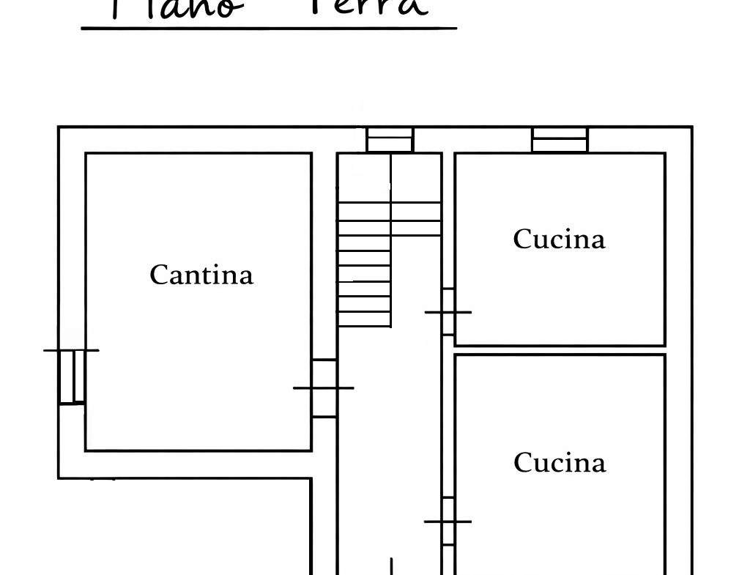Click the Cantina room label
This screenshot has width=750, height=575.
201,275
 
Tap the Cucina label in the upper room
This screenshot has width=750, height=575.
559,239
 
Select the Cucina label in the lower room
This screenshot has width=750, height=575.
560,462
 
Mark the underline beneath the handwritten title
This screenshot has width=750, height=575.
269,29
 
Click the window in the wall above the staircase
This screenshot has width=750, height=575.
390,139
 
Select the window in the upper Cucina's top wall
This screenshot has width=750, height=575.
560,139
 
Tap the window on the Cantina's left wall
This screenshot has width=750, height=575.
72,376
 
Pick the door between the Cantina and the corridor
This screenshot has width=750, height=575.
324,388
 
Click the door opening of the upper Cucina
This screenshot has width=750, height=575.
448,312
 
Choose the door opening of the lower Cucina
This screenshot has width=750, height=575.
448,522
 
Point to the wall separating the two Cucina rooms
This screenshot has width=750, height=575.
560,350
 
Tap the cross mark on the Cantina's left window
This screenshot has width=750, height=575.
72,350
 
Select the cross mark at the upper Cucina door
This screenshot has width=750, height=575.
448,313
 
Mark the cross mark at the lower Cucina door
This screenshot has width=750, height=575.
447,522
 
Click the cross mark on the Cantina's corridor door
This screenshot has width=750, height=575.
323,387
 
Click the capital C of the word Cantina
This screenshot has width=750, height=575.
159,275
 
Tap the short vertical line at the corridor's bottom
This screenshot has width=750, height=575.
391,566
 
